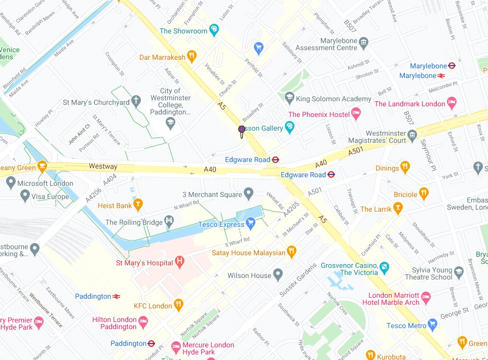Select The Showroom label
pos(183,31)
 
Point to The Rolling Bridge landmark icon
pos(169,221)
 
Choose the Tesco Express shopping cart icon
pos(250,222)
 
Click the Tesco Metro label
pos(406,326)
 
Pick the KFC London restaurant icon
pos(178,304)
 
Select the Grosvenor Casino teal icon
pos(385,266)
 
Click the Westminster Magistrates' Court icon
pos(412,134)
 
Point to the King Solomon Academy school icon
pos(289,97)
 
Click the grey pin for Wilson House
pos(277,275)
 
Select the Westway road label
pos(103,167)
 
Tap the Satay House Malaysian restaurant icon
pos(291,251)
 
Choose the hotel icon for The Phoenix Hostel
pos(356,113)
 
